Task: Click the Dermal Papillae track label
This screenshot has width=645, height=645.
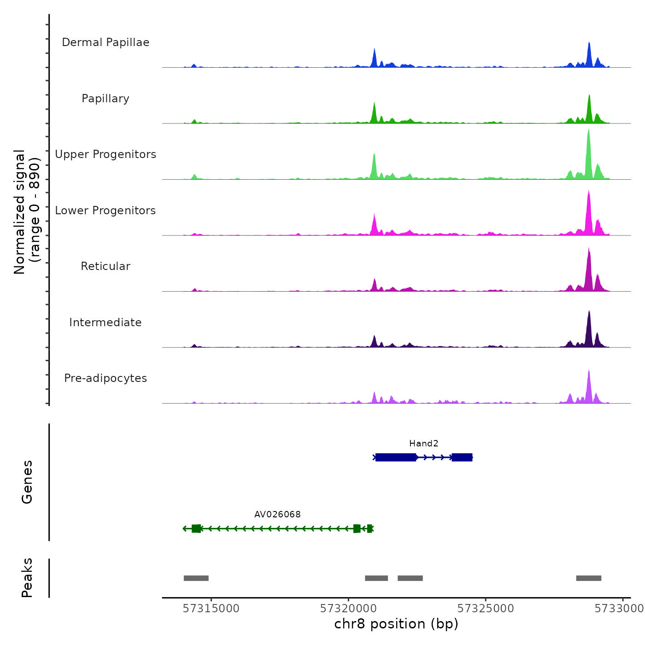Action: point(106,42)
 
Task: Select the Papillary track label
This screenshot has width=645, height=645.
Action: point(106,99)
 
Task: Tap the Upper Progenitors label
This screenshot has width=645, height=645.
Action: point(106,154)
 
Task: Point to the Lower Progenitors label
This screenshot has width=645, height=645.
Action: point(106,211)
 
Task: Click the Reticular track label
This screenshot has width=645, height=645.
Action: point(106,266)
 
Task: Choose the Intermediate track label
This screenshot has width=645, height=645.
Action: point(106,322)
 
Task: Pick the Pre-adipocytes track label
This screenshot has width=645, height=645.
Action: point(106,378)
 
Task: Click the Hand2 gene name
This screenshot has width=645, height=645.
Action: point(423,444)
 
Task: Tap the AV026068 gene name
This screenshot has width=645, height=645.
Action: point(277,514)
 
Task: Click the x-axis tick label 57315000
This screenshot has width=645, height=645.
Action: point(211,609)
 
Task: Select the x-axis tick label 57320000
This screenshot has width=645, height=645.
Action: point(348,609)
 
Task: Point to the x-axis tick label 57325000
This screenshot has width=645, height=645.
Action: point(486,609)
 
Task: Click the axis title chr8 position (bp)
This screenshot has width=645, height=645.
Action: point(396,624)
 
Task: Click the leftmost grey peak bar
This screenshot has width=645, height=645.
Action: point(196,578)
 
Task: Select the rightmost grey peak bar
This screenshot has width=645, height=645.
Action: point(588,578)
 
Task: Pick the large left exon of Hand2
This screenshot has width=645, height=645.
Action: point(396,457)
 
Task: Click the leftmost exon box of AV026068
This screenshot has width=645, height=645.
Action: point(196,528)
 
